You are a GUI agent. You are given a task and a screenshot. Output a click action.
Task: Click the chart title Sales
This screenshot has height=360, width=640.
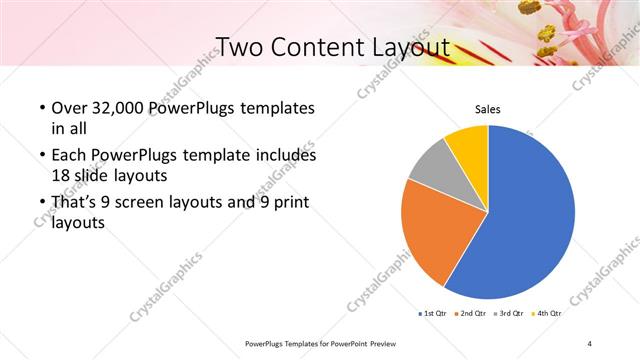(487, 110)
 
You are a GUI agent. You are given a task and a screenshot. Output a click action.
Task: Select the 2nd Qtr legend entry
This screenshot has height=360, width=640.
(474, 313)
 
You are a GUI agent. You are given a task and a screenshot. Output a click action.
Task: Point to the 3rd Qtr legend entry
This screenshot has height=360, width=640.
(511, 313)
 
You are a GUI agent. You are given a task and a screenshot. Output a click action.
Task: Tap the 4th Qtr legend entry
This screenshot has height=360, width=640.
(548, 313)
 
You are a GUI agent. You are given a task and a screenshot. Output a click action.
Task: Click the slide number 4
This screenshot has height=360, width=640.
(591, 343)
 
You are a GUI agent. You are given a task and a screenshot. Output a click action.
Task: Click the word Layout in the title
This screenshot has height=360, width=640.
(411, 47)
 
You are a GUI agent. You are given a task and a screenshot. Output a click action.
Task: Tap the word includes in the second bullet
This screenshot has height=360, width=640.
(286, 156)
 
